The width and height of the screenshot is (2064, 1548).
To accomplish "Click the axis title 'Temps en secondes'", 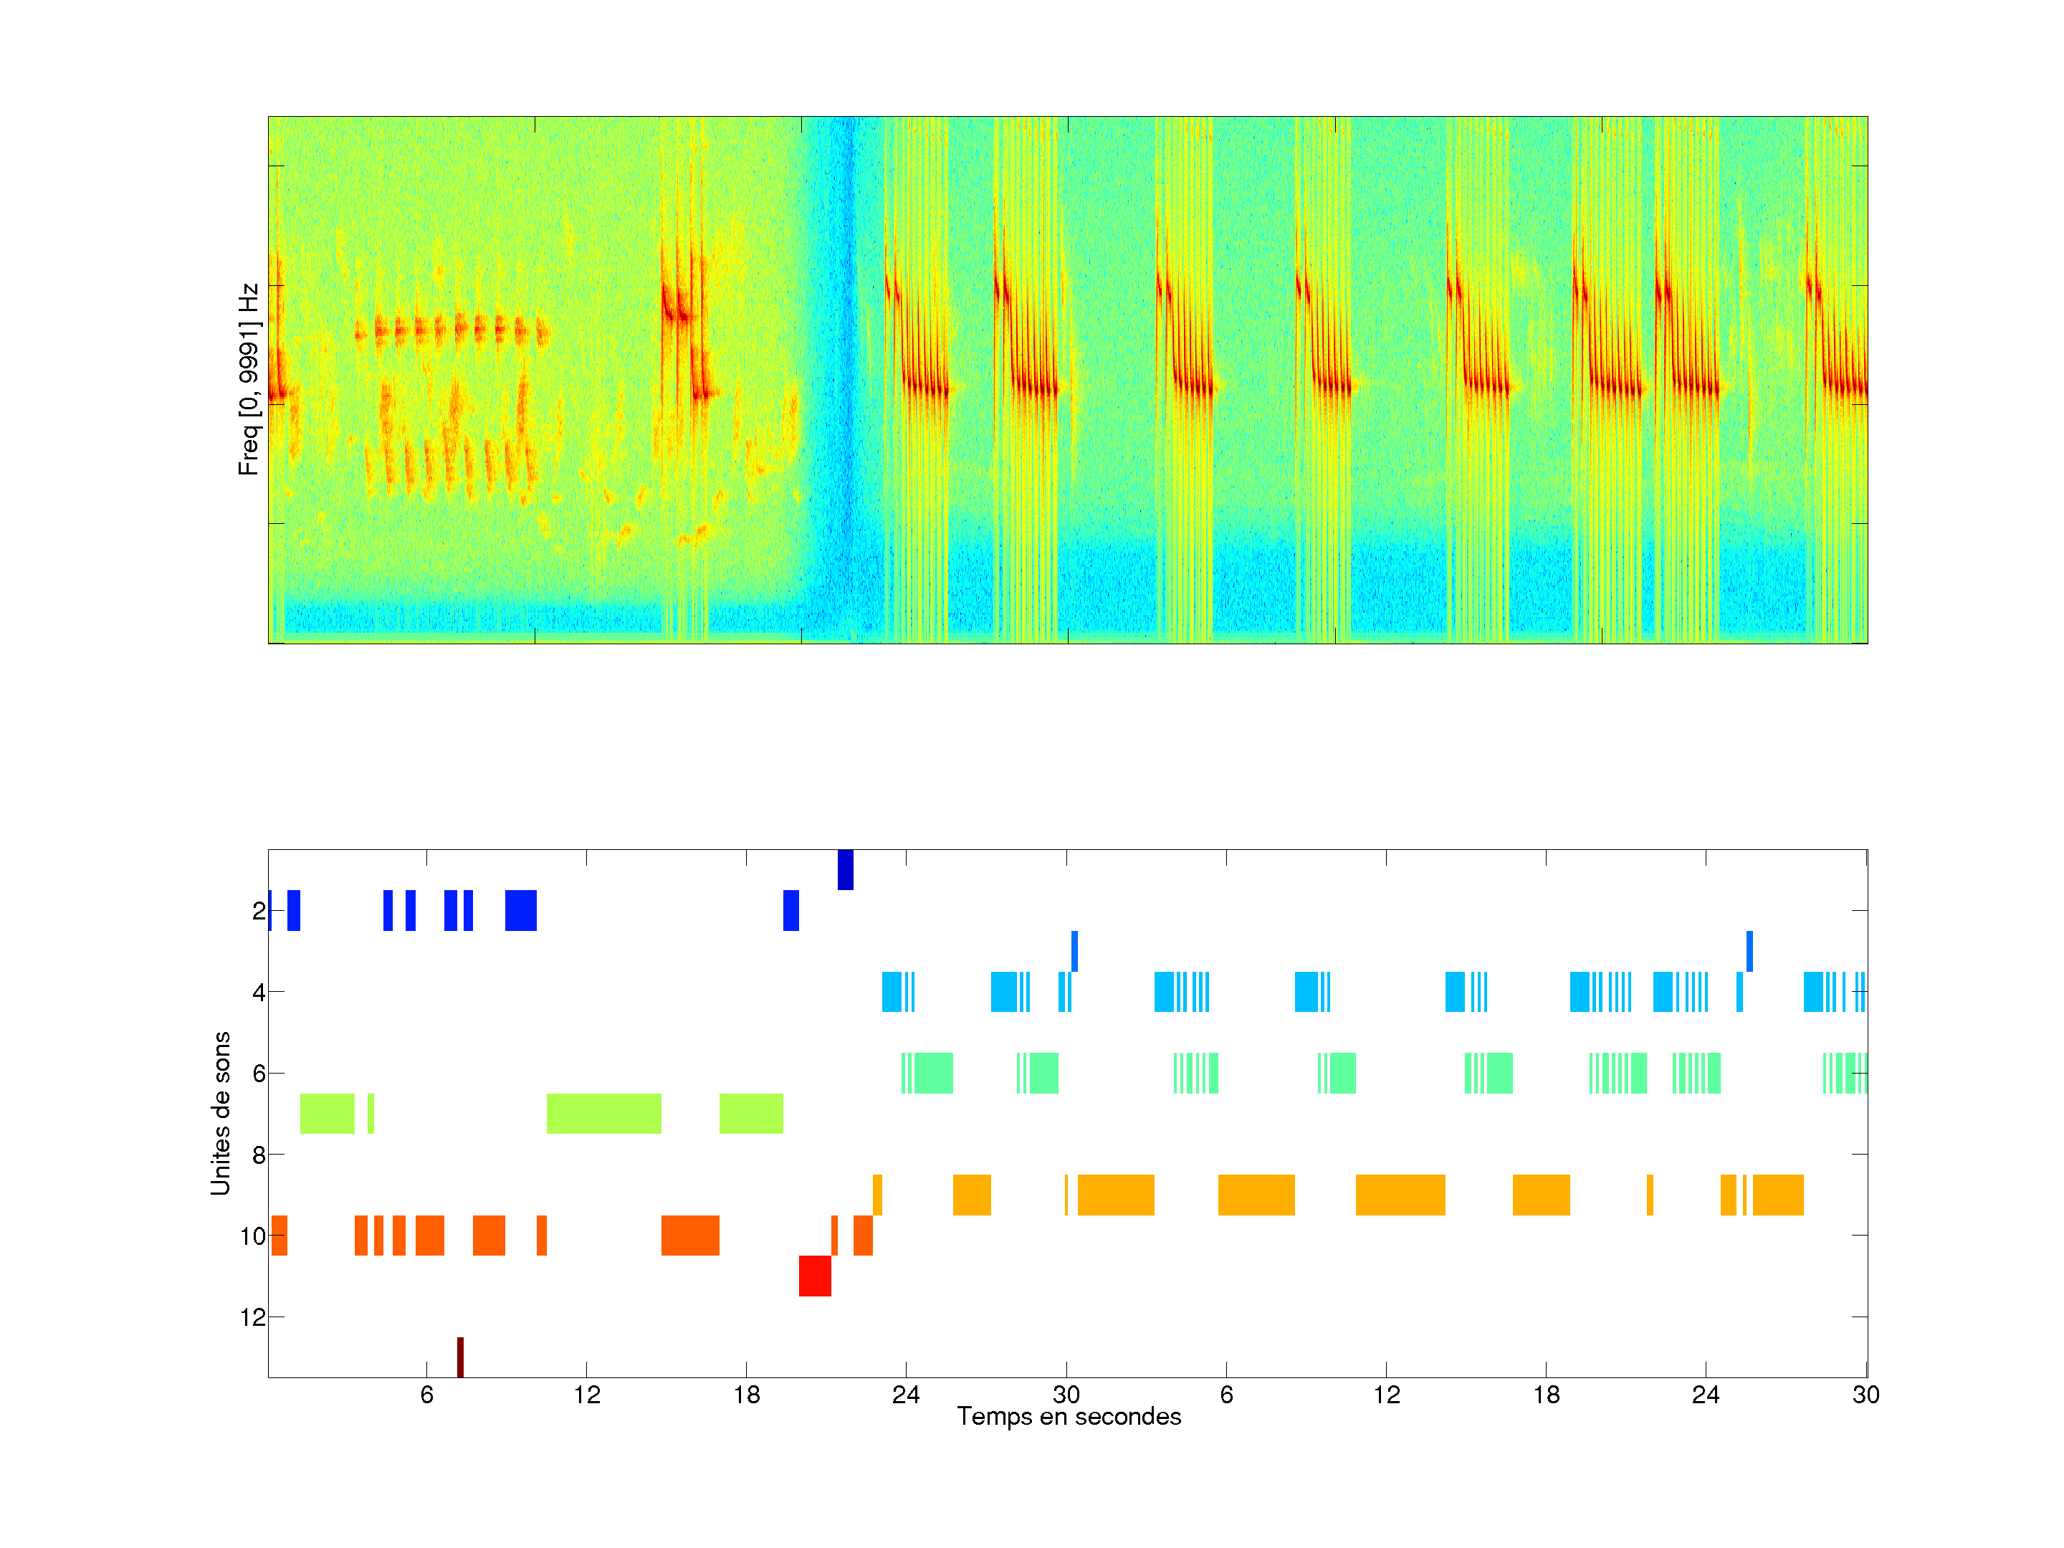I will tap(1069, 1416).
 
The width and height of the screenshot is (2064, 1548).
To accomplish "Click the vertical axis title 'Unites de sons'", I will tap(220, 1112).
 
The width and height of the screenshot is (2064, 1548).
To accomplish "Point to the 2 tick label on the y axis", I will tap(259, 911).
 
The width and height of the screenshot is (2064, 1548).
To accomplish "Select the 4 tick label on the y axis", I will tap(259, 992).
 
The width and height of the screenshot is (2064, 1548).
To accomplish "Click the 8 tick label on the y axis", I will tap(259, 1155).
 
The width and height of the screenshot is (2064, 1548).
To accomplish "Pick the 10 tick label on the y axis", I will tap(253, 1236).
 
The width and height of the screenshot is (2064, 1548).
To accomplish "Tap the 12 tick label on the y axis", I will tap(253, 1317).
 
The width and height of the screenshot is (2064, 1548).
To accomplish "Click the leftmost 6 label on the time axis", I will tap(426, 1395).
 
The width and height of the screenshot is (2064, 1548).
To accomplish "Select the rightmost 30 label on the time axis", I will tap(1865, 1395).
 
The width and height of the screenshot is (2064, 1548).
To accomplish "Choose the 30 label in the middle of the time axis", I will tap(1066, 1395).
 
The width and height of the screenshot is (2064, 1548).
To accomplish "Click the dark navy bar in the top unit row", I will tap(846, 869).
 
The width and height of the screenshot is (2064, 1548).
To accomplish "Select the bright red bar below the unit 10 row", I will tap(815, 1276).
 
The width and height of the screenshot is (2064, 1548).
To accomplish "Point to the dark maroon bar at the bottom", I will tap(460, 1357).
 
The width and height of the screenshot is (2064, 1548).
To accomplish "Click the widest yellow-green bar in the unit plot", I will tap(603, 1113).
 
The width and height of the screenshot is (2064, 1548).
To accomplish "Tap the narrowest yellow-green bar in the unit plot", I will tap(371, 1113).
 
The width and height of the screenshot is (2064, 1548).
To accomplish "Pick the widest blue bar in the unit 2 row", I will tap(521, 911).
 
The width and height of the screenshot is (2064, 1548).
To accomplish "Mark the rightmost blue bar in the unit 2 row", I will tap(790, 911).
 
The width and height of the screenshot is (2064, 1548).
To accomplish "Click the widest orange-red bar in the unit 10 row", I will tap(689, 1236).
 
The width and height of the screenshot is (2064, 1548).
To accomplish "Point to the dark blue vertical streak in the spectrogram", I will tap(846, 373).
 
